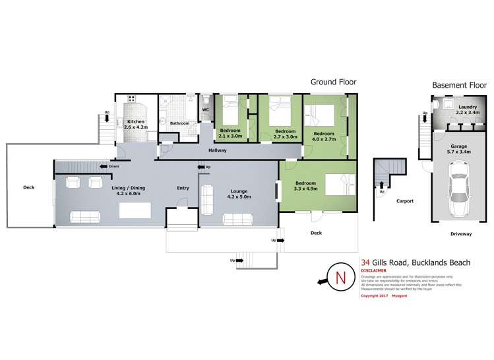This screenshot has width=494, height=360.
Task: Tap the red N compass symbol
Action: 341,278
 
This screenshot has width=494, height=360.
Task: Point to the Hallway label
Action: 218,150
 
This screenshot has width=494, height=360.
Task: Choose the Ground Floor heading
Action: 334,82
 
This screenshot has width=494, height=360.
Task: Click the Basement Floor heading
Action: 459,85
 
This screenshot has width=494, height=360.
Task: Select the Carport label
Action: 404,201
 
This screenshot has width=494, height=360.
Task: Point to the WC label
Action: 205,109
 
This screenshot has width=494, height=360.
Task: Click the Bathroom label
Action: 180,123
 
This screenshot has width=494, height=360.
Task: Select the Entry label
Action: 183,188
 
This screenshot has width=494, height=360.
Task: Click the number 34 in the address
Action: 365,262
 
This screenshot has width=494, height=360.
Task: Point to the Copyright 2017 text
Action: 375,296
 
